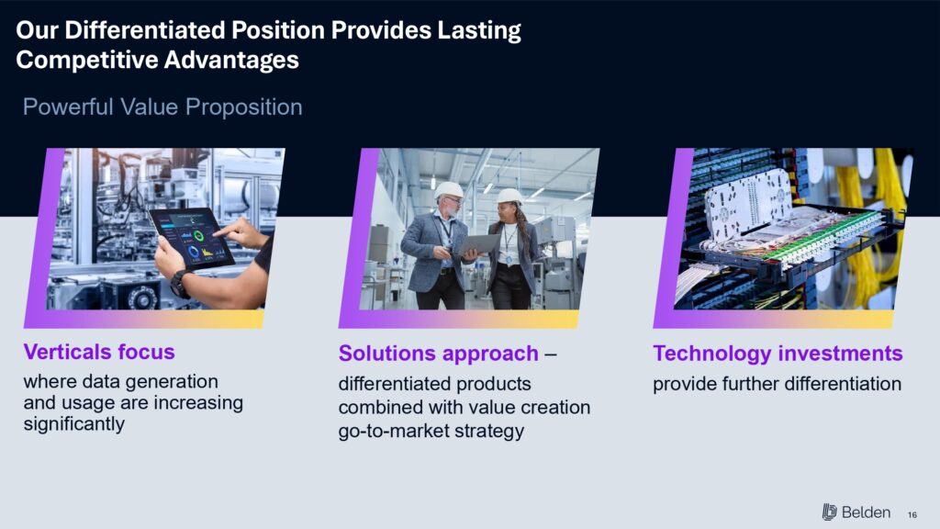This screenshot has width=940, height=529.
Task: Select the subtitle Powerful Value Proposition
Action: [x=162, y=107]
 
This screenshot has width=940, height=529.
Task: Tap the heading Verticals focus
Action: [x=99, y=352]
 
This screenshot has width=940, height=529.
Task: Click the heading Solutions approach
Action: [x=438, y=354]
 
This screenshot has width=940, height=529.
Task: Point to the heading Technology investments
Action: [x=778, y=354]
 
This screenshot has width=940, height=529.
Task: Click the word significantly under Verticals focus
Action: [x=73, y=424]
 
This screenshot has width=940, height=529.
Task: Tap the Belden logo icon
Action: [x=829, y=512]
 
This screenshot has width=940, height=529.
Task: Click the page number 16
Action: [x=912, y=514]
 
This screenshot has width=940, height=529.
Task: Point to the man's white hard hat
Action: [x=448, y=190]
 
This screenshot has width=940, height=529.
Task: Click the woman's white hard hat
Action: [x=509, y=196]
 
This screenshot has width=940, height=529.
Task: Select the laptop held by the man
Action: [x=479, y=244]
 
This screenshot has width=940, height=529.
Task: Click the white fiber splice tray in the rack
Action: [x=749, y=205]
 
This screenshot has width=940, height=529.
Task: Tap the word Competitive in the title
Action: [x=86, y=60]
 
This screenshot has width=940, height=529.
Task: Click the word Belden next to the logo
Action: [x=866, y=512]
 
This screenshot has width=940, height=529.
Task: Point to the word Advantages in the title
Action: [x=231, y=60]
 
